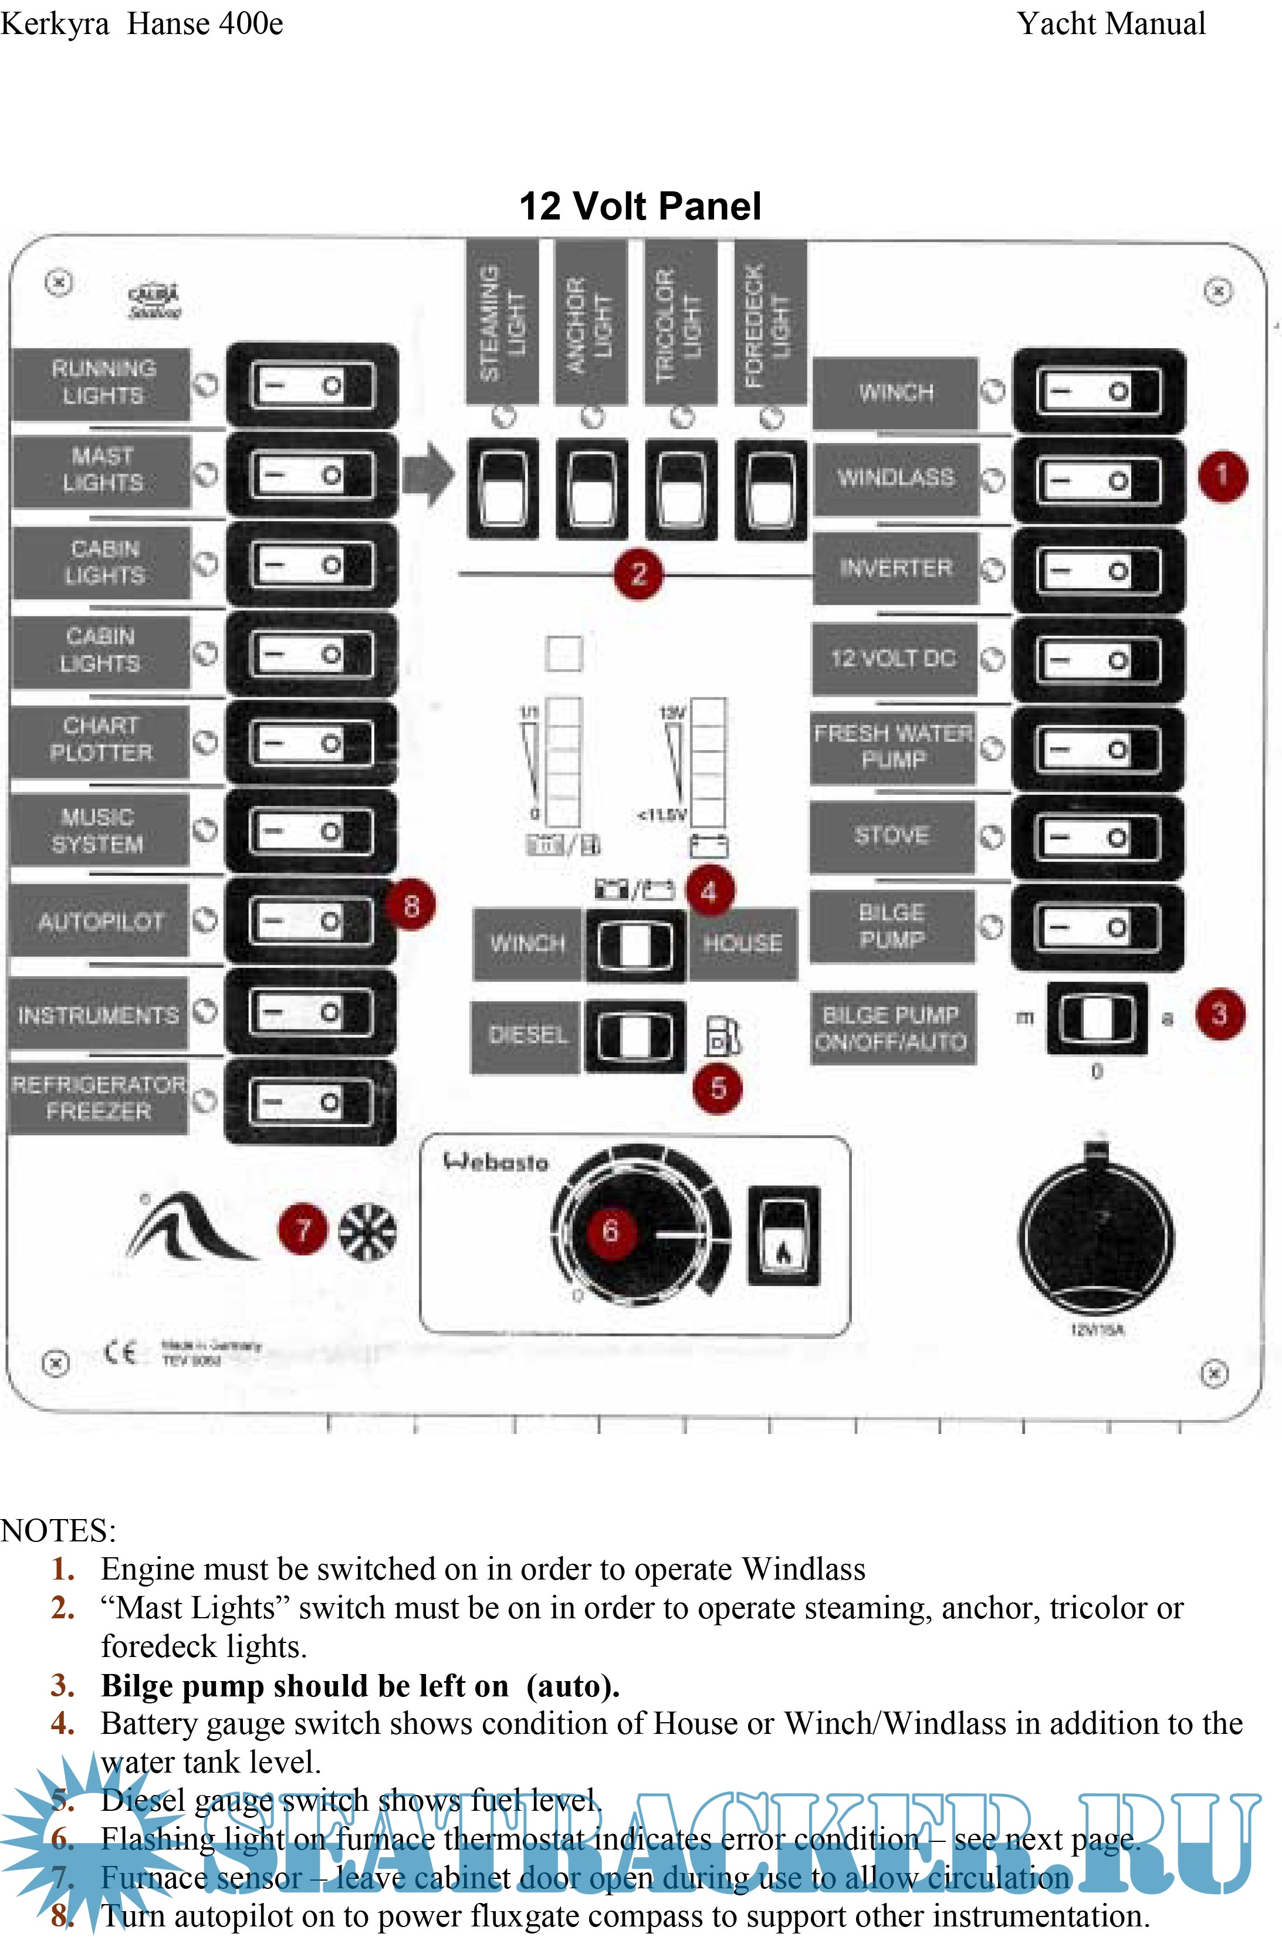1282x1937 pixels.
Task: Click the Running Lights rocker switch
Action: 312,385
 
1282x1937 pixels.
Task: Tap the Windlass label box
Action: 895,478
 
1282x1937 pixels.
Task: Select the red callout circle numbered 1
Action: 1222,475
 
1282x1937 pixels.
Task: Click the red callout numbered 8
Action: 411,906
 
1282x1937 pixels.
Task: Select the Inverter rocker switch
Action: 1098,570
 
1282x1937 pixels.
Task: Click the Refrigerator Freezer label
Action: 98,1098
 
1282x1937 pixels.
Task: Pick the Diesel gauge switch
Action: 634,1035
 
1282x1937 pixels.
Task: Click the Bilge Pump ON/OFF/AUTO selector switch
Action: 1097,1018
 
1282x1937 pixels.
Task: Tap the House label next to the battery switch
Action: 742,943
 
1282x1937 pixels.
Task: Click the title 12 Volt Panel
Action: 640,206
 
